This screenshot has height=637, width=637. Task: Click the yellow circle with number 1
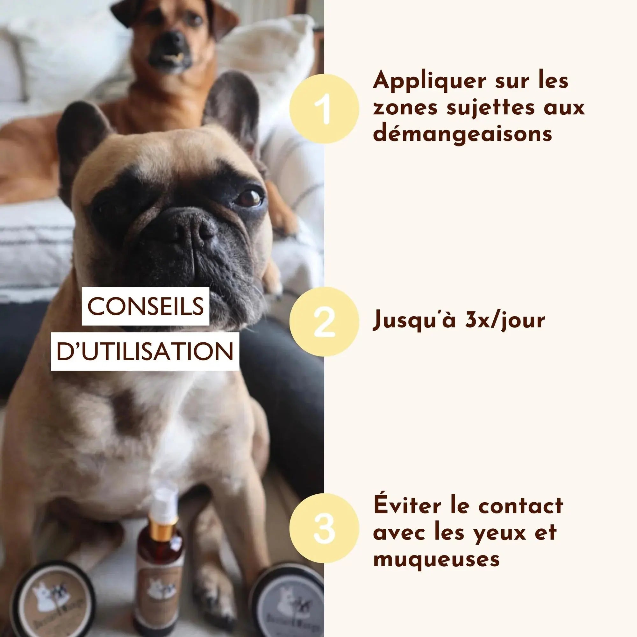click(x=324, y=109)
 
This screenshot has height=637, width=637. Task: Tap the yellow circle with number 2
click(x=324, y=321)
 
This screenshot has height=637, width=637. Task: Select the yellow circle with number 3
click(x=324, y=533)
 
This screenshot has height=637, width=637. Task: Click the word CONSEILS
click(x=146, y=306)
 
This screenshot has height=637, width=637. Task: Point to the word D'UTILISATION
click(x=145, y=352)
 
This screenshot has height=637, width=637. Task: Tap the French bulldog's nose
click(x=195, y=231)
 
